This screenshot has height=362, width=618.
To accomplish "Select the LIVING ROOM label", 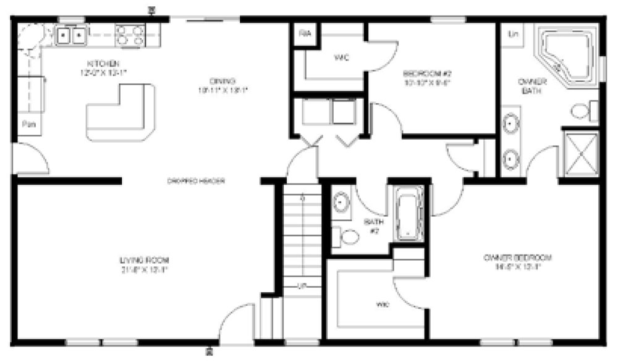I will click(x=144, y=259).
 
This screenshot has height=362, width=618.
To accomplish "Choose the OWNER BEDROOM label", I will click(x=517, y=258).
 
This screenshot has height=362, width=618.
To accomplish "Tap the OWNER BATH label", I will click(x=532, y=87).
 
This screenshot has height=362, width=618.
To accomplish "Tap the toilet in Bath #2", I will click(x=348, y=237).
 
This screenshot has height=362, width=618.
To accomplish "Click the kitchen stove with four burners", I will click(x=130, y=34).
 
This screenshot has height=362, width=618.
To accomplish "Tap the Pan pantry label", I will click(x=28, y=124).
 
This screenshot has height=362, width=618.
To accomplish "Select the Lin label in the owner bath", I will click(x=512, y=33).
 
